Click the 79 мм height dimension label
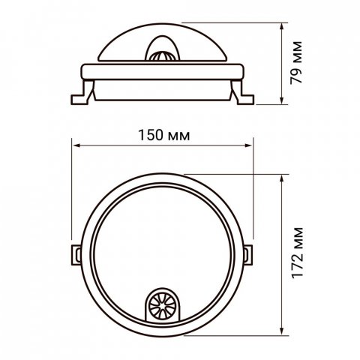click(x=296, y=62)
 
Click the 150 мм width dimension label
click(x=164, y=135)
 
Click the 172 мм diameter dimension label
click(x=298, y=253)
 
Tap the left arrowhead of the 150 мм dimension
click(x=76, y=145)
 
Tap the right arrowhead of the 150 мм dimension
click(x=248, y=145)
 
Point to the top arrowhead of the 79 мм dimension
click(x=282, y=27)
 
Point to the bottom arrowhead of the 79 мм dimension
click(x=282, y=100)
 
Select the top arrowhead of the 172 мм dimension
click(x=282, y=179)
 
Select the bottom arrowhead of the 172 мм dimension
click(x=282, y=331)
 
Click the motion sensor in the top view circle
click(x=163, y=305)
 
